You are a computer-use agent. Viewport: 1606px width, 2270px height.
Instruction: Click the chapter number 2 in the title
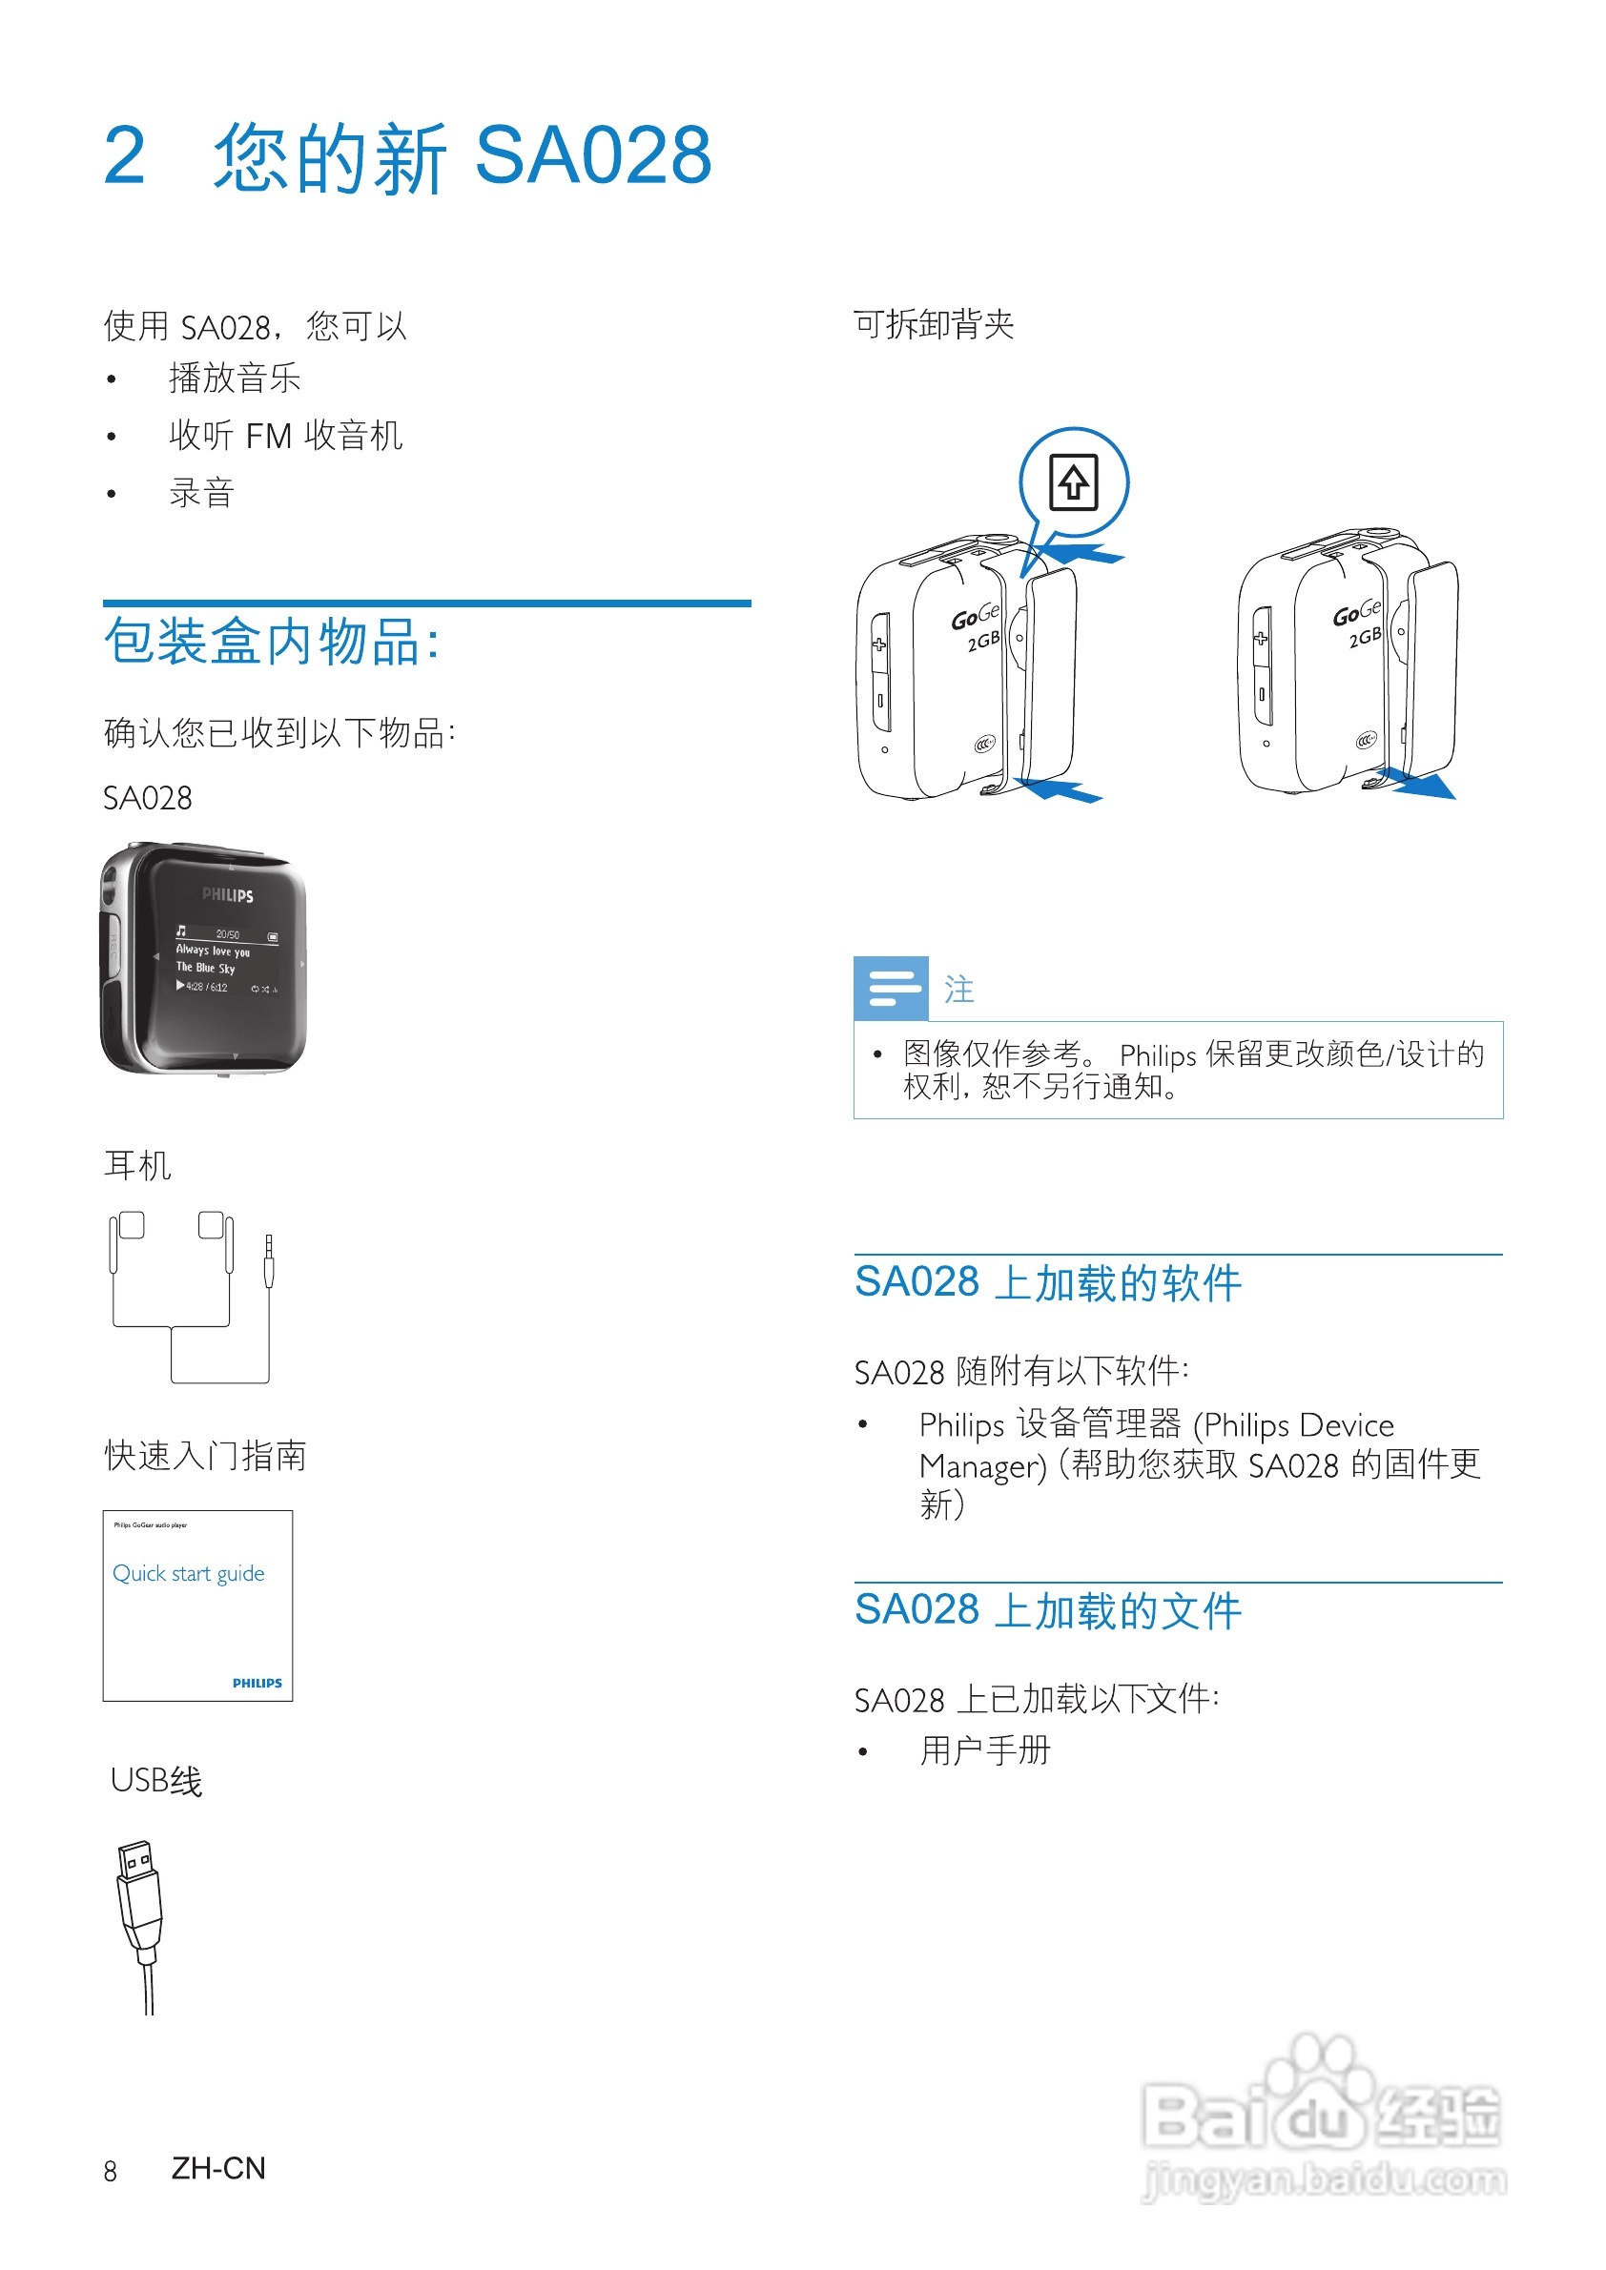point(125,156)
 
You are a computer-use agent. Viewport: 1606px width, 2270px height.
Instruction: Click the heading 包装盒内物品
point(271,643)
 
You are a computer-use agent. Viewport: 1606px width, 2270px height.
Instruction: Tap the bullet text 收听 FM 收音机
point(285,435)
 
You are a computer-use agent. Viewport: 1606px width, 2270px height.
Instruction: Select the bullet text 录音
point(202,492)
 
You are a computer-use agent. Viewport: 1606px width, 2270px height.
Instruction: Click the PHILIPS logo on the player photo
point(227,895)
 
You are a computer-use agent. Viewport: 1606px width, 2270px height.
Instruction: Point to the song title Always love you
point(213,951)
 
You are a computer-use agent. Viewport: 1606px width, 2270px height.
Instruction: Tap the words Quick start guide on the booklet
point(188,1573)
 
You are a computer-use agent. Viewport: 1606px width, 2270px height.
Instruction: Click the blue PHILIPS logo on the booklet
point(257,1683)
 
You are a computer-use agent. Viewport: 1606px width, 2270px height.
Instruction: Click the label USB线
point(156,1781)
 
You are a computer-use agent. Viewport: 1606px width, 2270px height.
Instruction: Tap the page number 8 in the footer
point(110,2171)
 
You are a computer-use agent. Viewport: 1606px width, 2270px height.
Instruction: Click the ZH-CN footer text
point(218,2168)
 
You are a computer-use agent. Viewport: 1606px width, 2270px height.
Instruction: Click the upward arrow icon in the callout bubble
point(1073,482)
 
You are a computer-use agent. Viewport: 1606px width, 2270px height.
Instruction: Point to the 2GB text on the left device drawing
point(983,641)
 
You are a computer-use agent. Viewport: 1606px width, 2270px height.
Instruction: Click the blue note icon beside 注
point(890,988)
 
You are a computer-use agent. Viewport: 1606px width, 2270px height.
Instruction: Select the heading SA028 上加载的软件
point(1047,1283)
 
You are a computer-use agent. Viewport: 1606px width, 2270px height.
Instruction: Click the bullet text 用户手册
point(985,1750)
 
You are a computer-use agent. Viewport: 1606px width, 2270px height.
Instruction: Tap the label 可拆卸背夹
point(934,324)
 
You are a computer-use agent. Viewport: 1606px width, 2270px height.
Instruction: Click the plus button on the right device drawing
point(1261,639)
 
